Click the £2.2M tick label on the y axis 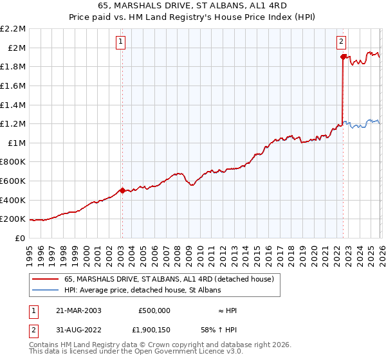[13, 29]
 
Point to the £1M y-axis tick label [16, 143]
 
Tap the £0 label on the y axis [21, 238]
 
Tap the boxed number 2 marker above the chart [341, 42]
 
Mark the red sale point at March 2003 [122, 190]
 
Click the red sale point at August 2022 [343, 57]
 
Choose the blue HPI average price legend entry [142, 290]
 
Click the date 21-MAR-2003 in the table [78, 310]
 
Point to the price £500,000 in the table [154, 310]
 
